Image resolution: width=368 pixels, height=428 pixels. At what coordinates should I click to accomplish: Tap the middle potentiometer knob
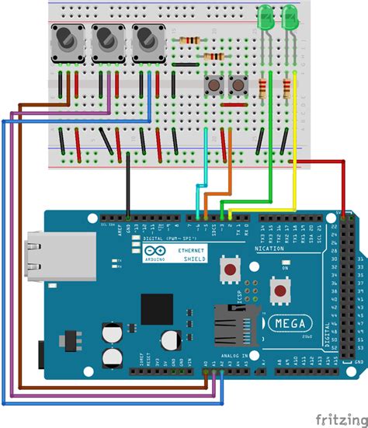tap(105, 38)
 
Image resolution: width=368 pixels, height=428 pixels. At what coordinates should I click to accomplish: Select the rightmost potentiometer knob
tap(145, 38)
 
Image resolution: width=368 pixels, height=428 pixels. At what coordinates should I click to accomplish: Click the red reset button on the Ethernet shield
tap(231, 271)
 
